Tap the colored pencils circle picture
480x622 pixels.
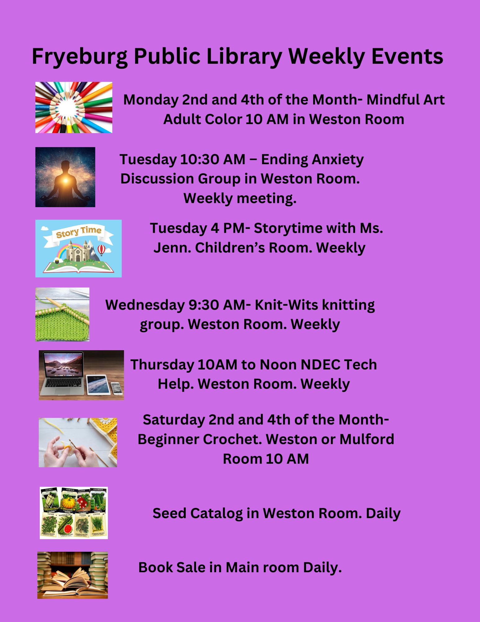click(74, 108)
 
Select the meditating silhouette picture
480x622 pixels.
click(65, 177)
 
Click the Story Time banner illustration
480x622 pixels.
click(78, 248)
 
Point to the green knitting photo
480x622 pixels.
click(62, 314)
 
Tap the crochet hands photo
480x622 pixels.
click(78, 442)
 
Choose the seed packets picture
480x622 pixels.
click(74, 513)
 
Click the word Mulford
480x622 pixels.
click(367, 439)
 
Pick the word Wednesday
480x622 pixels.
click(145, 305)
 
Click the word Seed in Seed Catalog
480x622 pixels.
click(169, 513)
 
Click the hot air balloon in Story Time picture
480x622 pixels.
click(102, 249)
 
